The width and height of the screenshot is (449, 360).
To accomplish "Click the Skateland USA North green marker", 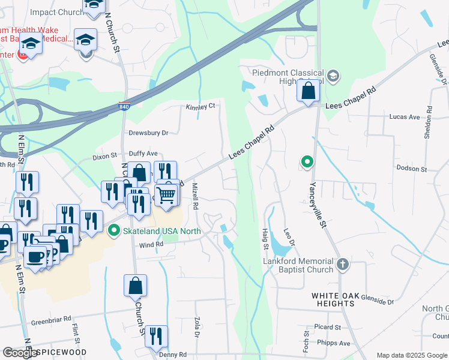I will click(113, 230).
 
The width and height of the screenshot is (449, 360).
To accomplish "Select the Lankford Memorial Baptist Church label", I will click(298, 265).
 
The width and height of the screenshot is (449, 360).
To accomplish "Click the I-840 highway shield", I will click(122, 105).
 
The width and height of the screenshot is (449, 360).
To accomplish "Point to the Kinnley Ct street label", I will click(200, 106).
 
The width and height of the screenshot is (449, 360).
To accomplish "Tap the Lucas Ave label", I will click(405, 117).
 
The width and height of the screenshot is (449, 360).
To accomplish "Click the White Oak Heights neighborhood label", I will click(333, 299).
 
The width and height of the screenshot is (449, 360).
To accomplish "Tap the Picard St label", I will click(327, 328).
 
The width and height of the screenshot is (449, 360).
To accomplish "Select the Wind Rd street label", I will click(151, 245).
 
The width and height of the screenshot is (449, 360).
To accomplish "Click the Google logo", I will click(20, 353).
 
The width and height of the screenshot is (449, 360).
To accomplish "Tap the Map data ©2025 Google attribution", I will click(412, 355).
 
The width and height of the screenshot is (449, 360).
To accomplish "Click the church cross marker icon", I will click(342, 264).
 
